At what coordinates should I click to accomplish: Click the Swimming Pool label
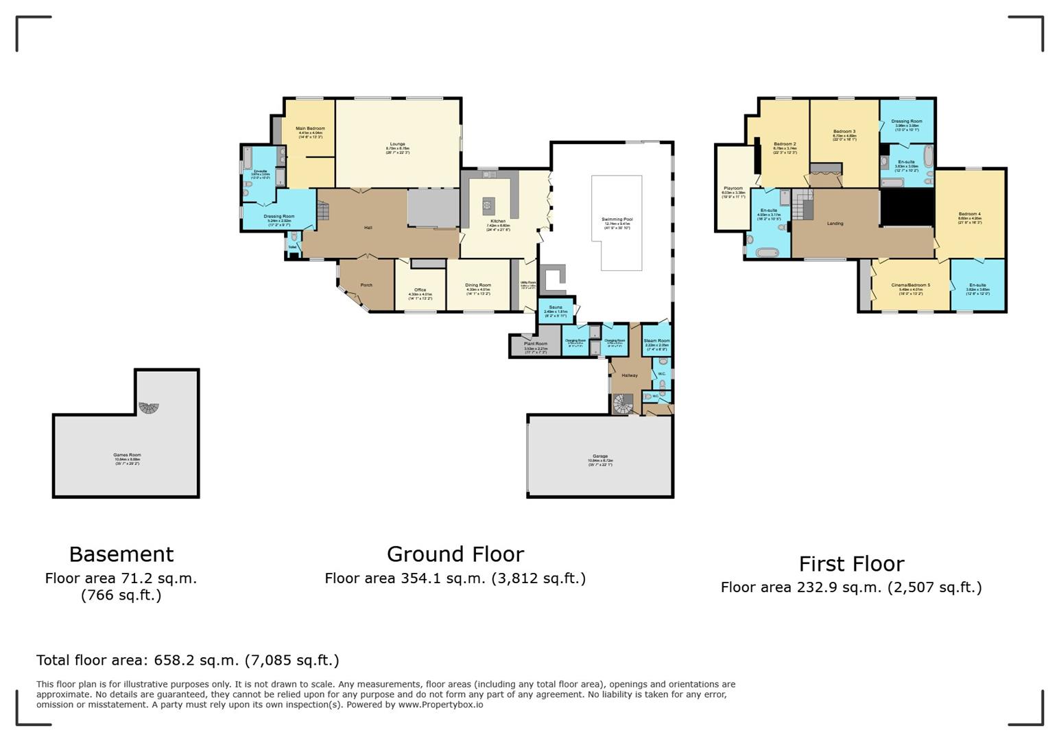(x=617, y=220)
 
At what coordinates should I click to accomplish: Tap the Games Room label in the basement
(x=128, y=455)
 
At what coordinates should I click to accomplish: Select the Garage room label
(x=600, y=456)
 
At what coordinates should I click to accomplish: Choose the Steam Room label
(x=656, y=341)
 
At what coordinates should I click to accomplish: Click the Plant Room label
(x=536, y=344)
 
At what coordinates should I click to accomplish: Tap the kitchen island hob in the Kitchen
(x=488, y=204)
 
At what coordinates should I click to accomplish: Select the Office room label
(x=420, y=290)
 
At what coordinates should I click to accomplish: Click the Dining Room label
(x=478, y=285)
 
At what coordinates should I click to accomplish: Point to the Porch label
(x=366, y=285)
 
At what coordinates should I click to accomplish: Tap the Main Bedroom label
(x=310, y=128)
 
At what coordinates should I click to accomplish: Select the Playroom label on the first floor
(x=733, y=189)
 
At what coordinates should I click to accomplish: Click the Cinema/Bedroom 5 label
(x=910, y=285)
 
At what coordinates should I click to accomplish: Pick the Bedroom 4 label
(x=969, y=214)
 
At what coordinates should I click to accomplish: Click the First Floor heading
(x=851, y=564)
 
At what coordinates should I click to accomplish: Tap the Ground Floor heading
(x=455, y=554)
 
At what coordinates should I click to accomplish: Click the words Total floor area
(x=91, y=661)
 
